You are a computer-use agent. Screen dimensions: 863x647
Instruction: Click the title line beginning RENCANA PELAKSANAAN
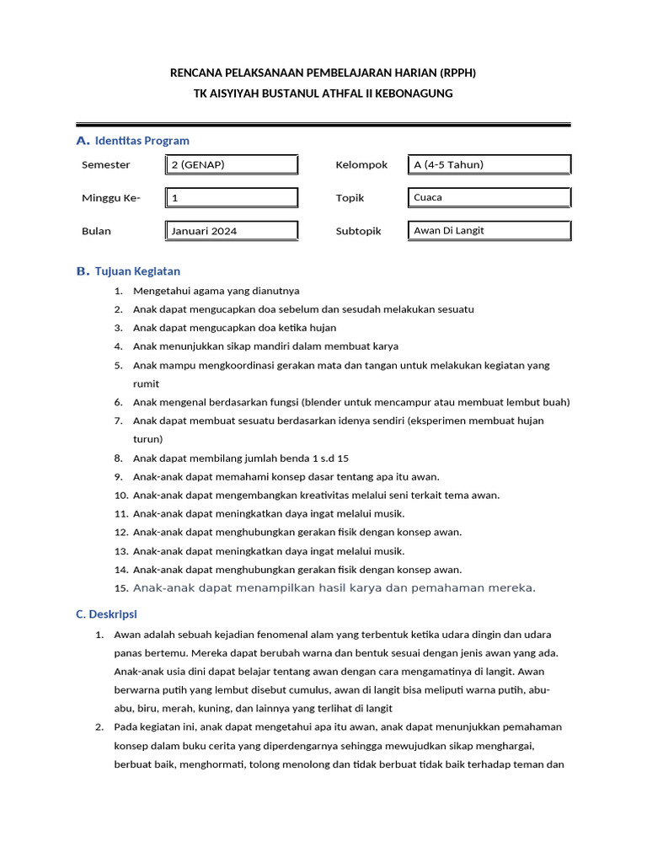point(329,73)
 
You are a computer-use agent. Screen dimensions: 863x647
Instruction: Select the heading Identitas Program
point(142,141)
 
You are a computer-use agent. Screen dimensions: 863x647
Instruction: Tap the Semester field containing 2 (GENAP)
point(231,165)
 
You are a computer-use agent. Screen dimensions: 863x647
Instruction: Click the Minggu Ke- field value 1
point(231,198)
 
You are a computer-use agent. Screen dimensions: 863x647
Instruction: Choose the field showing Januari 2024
point(231,231)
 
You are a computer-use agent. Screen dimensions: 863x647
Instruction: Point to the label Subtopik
point(358,231)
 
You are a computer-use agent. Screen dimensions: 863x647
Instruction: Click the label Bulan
point(96,231)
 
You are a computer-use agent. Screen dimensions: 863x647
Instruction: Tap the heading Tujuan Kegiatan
point(137,271)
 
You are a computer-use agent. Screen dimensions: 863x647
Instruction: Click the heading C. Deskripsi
point(106,614)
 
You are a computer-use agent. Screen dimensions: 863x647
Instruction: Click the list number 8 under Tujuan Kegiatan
point(119,458)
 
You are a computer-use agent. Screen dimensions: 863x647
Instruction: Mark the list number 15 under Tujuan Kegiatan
point(120,588)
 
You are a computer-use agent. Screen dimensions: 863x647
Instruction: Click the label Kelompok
point(361,165)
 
